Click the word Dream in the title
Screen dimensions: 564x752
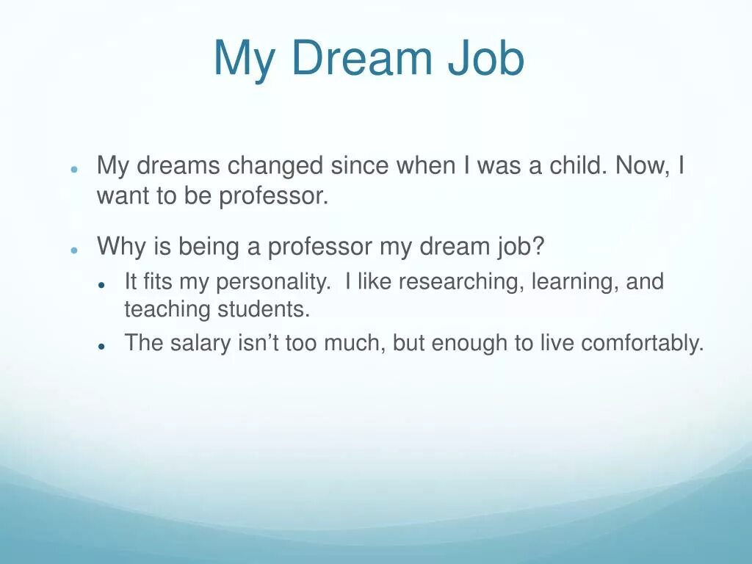[x=361, y=59]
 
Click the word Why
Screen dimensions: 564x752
[x=122, y=247]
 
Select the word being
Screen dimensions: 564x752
[x=208, y=247]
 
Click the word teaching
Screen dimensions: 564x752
[x=167, y=309]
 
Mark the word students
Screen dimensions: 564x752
[x=264, y=309]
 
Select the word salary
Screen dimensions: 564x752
[x=200, y=343]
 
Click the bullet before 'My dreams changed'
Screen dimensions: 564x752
[x=74, y=169]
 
